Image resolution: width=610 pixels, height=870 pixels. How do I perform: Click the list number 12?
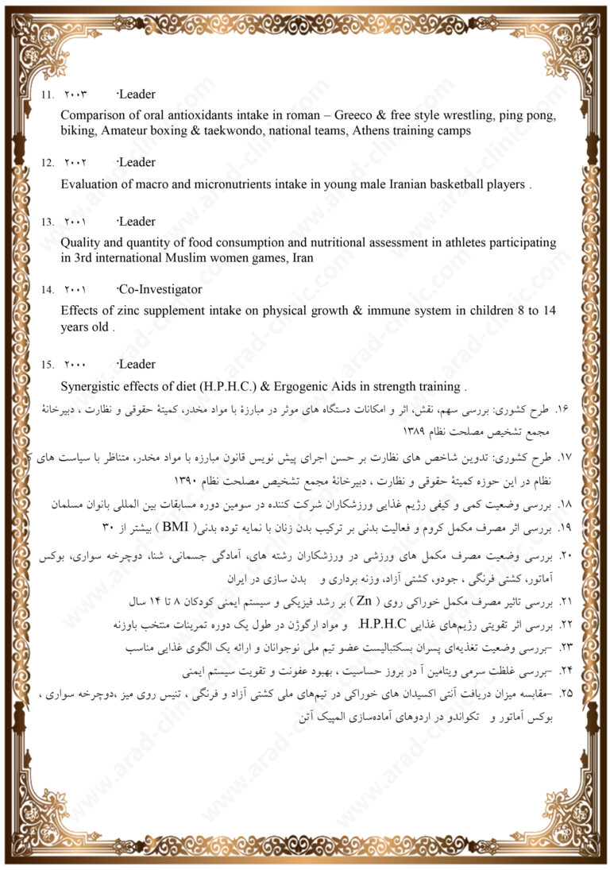point(48,164)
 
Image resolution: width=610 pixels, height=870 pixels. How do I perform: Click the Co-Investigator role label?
point(159,290)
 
